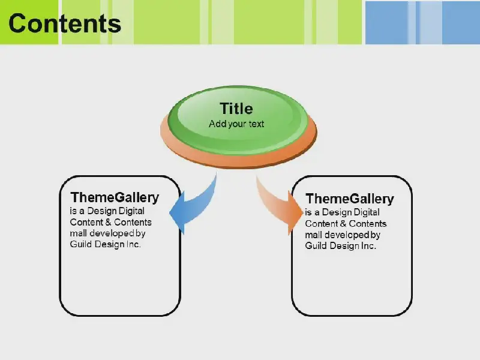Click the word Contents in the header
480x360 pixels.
(x=65, y=23)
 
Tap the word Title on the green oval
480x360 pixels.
(x=236, y=109)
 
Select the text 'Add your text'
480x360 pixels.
(x=236, y=124)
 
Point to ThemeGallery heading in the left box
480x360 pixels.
(x=115, y=197)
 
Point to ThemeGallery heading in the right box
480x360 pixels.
(x=350, y=199)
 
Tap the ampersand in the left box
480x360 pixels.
(x=108, y=222)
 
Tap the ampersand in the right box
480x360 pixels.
(x=343, y=223)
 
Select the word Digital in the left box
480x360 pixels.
(x=131, y=211)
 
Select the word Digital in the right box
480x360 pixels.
(x=367, y=212)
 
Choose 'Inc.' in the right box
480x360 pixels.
(x=368, y=245)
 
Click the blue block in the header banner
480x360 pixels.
(x=422, y=23)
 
